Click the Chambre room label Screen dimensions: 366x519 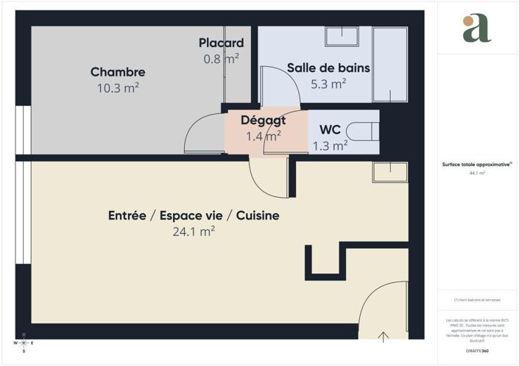(x=118, y=72)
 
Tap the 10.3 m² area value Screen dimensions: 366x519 (x=118, y=87)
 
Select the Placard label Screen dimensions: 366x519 (x=221, y=43)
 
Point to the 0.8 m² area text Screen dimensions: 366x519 (x=221, y=57)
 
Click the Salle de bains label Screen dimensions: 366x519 (x=328, y=68)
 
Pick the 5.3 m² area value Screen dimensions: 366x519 (x=328, y=84)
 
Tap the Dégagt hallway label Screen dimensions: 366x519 (x=263, y=121)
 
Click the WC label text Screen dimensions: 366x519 (x=329, y=130)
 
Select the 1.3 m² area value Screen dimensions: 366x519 (x=329, y=146)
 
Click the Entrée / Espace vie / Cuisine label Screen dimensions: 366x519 (x=194, y=216)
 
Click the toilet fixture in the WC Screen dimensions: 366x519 (x=364, y=130)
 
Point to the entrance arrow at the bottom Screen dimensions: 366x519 (x=384, y=337)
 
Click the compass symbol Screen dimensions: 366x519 (x=24, y=343)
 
